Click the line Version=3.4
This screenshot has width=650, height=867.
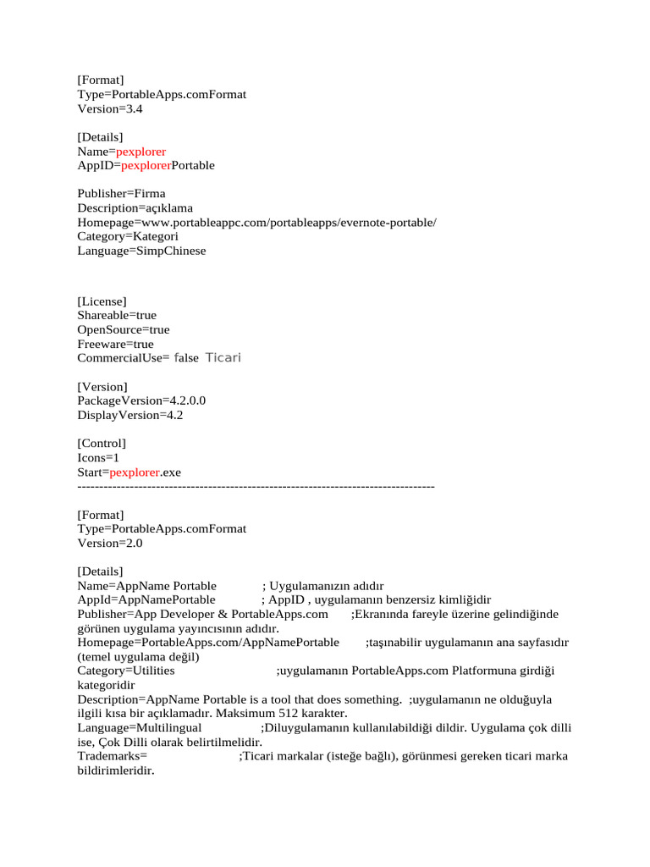click(110, 109)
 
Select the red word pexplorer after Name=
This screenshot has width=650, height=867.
click(140, 152)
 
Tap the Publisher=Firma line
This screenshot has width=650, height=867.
click(121, 193)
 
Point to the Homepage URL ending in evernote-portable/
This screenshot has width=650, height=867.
click(256, 222)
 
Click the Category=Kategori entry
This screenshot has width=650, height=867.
click(128, 236)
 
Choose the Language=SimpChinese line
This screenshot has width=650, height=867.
click(141, 251)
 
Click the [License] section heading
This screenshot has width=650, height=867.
click(102, 301)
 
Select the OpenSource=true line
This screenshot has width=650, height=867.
click(124, 329)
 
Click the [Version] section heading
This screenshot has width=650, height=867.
click(102, 387)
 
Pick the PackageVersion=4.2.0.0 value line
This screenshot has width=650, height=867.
click(141, 400)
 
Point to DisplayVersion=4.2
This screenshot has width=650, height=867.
click(129, 415)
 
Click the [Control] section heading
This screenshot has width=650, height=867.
click(102, 443)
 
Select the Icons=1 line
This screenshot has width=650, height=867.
click(98, 457)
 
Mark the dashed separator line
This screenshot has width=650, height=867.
click(256, 486)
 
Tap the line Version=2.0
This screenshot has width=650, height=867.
click(110, 543)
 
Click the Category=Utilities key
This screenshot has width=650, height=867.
click(126, 671)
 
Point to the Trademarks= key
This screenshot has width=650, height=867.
click(113, 755)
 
